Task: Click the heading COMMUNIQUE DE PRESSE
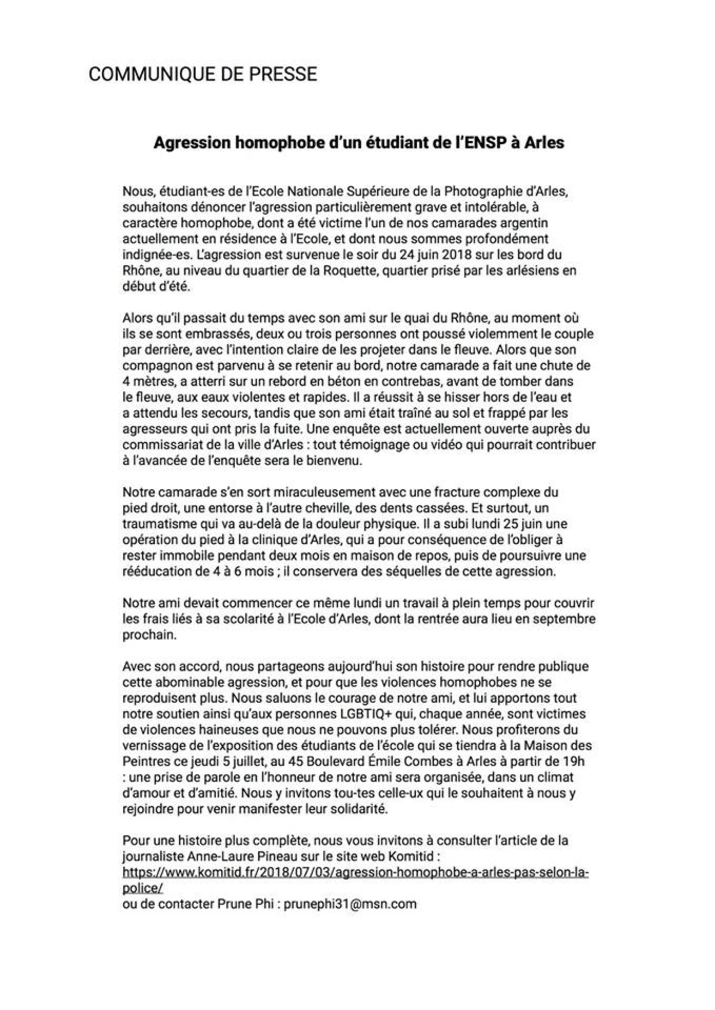click(x=202, y=74)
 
